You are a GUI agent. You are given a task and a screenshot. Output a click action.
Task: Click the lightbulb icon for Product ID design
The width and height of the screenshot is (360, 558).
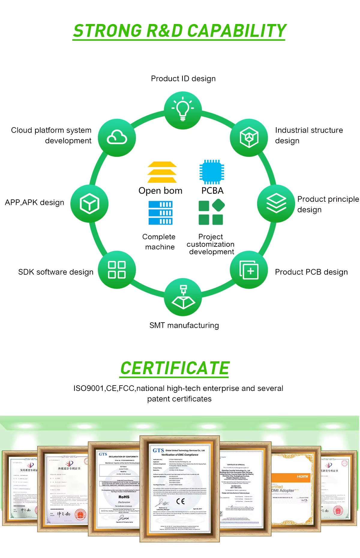[183, 110]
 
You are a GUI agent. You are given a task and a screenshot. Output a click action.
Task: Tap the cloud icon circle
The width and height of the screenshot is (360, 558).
[117, 138]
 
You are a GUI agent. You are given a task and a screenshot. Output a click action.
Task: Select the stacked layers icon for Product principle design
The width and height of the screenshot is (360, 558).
[276, 203]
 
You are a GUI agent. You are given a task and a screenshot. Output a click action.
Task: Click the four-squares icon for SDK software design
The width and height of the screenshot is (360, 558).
[117, 270]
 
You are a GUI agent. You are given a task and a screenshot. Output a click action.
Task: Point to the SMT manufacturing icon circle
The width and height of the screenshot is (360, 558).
[183, 297]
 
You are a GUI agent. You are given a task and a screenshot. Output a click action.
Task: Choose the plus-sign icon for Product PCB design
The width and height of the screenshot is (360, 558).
[249, 270]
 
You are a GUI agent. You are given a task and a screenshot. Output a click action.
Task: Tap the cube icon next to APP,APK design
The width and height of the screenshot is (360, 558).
[89, 203]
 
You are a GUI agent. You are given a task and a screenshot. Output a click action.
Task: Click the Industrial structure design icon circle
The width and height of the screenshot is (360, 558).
[249, 138]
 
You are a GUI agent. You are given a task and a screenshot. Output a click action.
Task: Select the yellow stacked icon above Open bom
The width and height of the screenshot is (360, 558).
[162, 172]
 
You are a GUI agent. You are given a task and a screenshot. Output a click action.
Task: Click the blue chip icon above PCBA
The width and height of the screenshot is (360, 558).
[212, 172]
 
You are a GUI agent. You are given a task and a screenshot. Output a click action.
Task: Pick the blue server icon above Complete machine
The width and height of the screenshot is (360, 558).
[160, 213]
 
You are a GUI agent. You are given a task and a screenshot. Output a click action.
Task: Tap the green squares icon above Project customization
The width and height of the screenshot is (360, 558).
[211, 213]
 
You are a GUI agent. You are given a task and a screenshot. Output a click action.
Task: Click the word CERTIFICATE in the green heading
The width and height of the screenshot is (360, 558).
[175, 368]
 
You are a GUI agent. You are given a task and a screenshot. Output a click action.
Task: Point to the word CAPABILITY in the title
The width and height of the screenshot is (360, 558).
[237, 31]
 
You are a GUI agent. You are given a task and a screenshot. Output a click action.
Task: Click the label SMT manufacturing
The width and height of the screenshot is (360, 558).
[184, 325]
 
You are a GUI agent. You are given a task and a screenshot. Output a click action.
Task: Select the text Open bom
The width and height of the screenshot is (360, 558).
[160, 191]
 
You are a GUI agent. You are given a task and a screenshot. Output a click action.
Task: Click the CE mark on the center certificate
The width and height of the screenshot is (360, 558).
[180, 501]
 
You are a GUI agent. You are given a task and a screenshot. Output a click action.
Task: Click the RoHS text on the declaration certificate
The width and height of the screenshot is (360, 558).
[124, 497]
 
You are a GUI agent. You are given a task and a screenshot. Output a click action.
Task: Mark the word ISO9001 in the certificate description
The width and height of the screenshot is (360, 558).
[89, 388]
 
